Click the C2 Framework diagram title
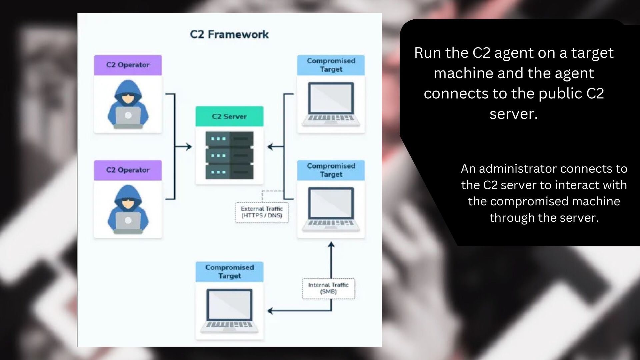[229, 34]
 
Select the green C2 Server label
[229, 116]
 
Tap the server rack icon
[229, 155]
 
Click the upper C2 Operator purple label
[128, 65]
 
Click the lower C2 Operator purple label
[128, 170]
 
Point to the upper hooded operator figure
[128, 104]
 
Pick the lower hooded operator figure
[128, 209]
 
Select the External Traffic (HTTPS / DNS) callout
[262, 212]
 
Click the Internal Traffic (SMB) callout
[328, 288]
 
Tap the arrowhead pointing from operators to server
[189, 147]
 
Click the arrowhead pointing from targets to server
[270, 147]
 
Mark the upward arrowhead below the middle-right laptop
[331, 245]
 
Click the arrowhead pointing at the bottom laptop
[270, 311]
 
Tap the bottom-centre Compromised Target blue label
[229, 272]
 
